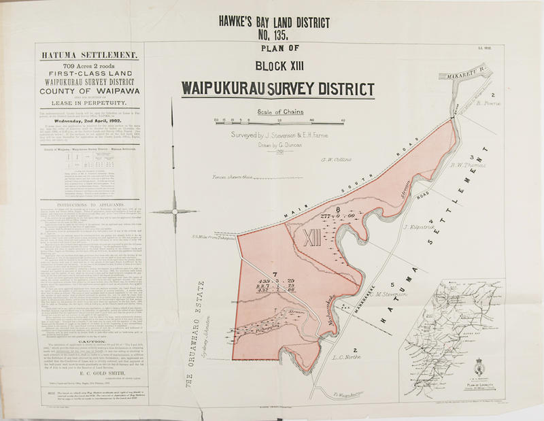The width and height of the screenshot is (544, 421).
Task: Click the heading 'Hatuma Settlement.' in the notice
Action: tap(99, 53)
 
